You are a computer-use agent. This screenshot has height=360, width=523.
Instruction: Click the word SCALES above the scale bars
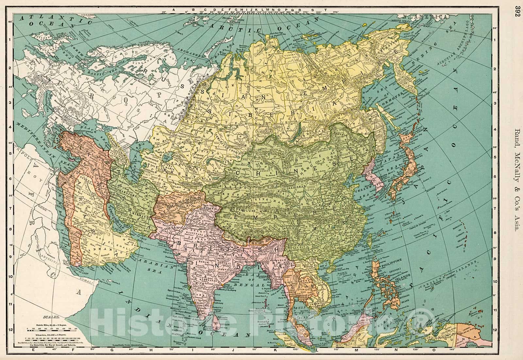53,317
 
